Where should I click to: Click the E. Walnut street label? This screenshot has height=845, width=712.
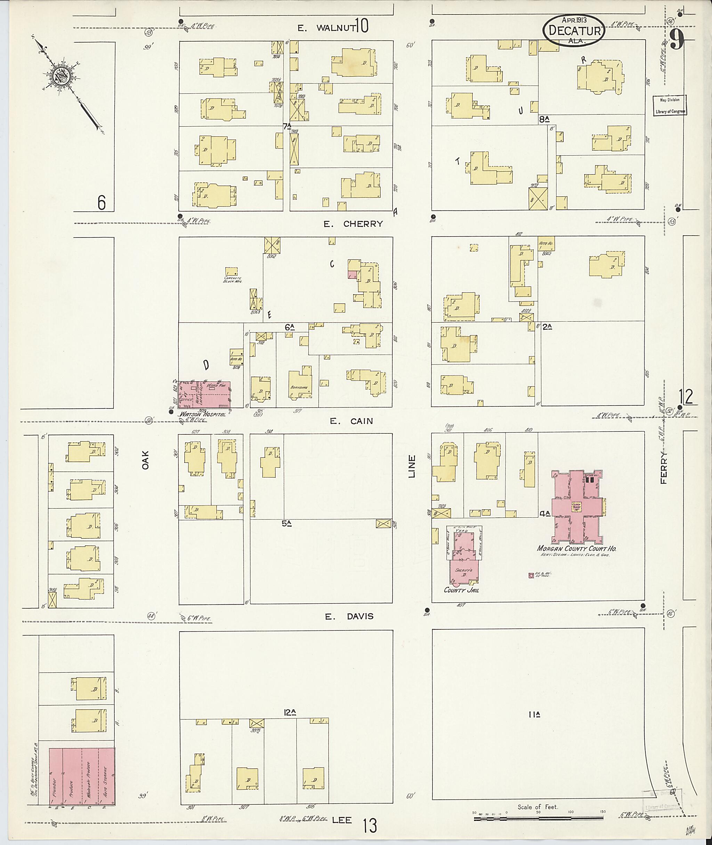pyautogui.click(x=326, y=27)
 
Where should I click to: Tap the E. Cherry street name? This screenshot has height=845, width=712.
pyautogui.click(x=353, y=224)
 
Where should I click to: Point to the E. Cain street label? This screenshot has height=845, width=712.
pyautogui.click(x=351, y=421)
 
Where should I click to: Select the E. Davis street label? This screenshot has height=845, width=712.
pyautogui.click(x=349, y=616)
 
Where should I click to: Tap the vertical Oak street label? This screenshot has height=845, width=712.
pyautogui.click(x=145, y=460)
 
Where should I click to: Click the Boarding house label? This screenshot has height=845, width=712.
pyautogui.click(x=299, y=387)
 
